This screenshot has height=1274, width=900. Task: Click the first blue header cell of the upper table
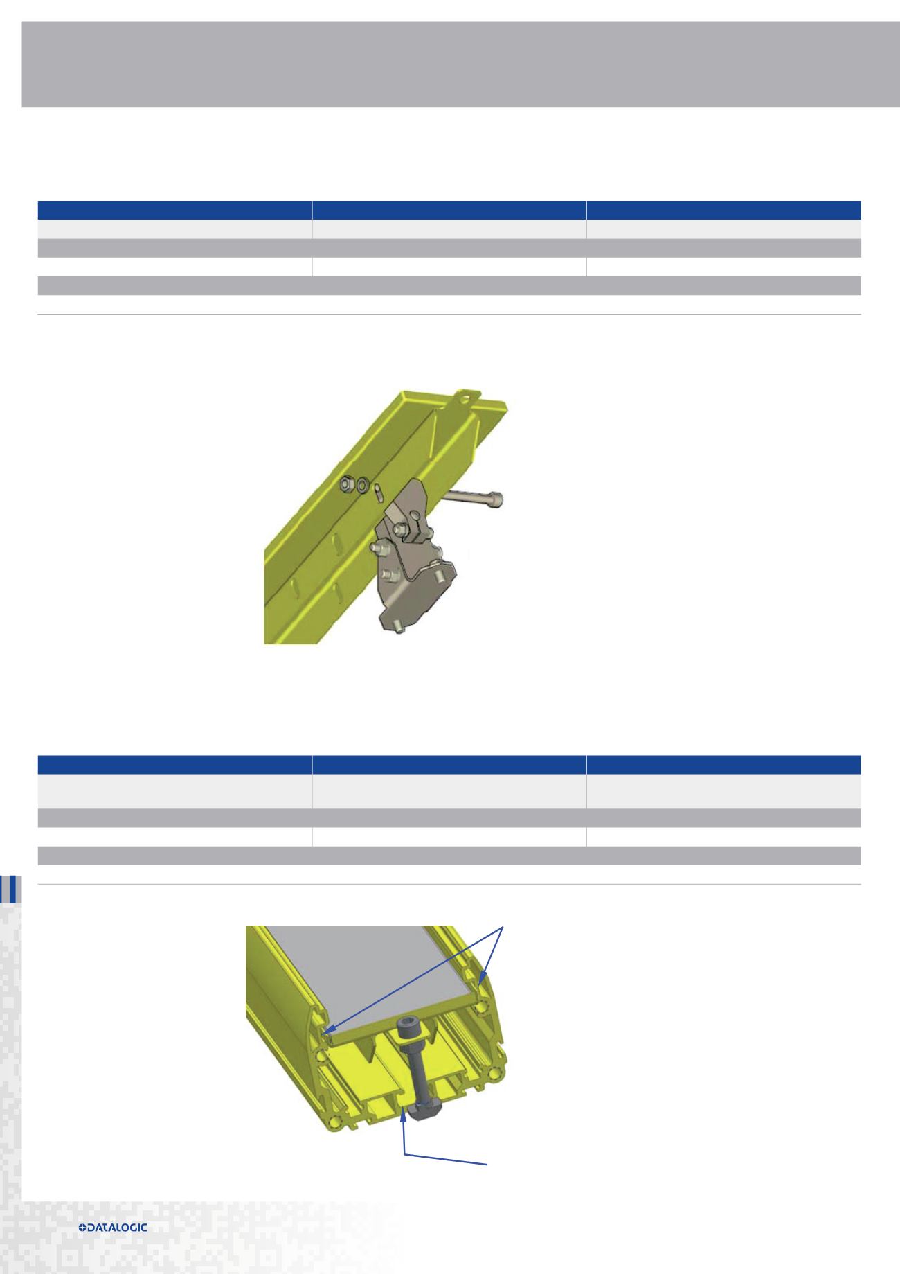click(174, 210)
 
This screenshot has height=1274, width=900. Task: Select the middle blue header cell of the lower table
click(449, 764)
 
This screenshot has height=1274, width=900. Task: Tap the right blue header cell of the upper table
click(723, 210)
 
